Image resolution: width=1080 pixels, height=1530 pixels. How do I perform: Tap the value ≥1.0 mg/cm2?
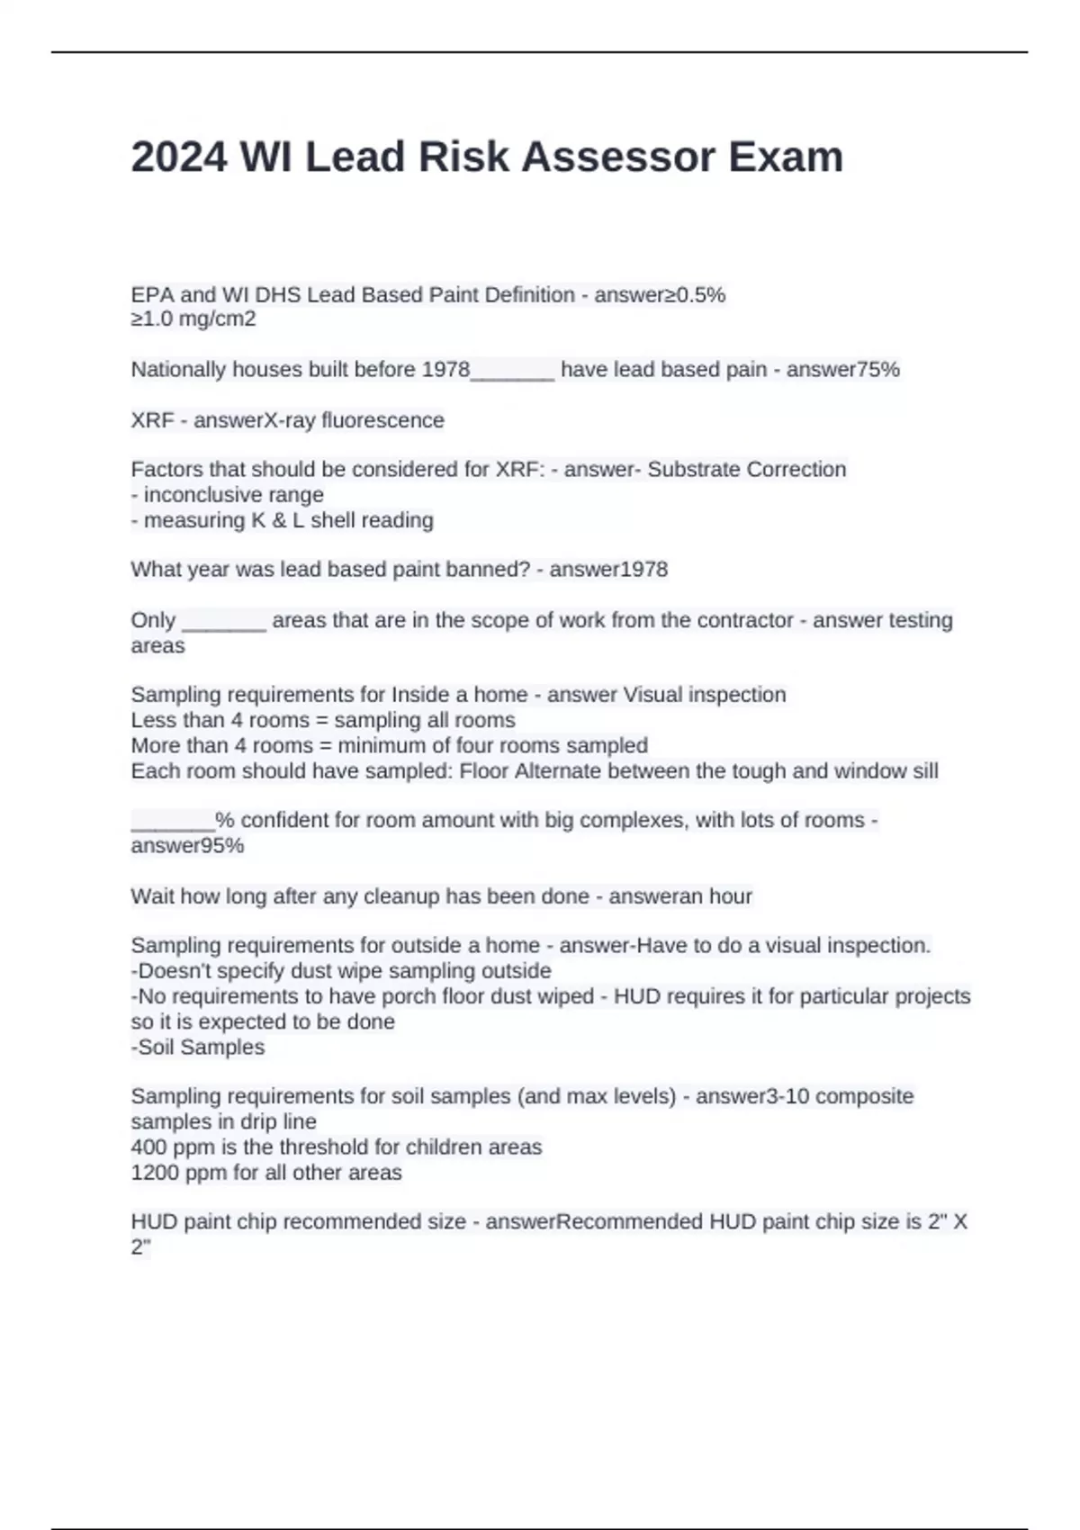coord(193,319)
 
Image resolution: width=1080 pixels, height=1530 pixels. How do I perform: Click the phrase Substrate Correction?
coord(747,470)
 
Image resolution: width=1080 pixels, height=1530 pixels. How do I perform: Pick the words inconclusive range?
coord(233,495)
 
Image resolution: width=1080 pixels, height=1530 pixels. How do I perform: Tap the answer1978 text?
coord(608,570)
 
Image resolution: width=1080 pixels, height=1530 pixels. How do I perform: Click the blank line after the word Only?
coord(224,621)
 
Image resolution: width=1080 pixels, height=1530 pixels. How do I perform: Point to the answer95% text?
coord(187,846)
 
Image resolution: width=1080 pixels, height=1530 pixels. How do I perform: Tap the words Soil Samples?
coord(201,1048)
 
